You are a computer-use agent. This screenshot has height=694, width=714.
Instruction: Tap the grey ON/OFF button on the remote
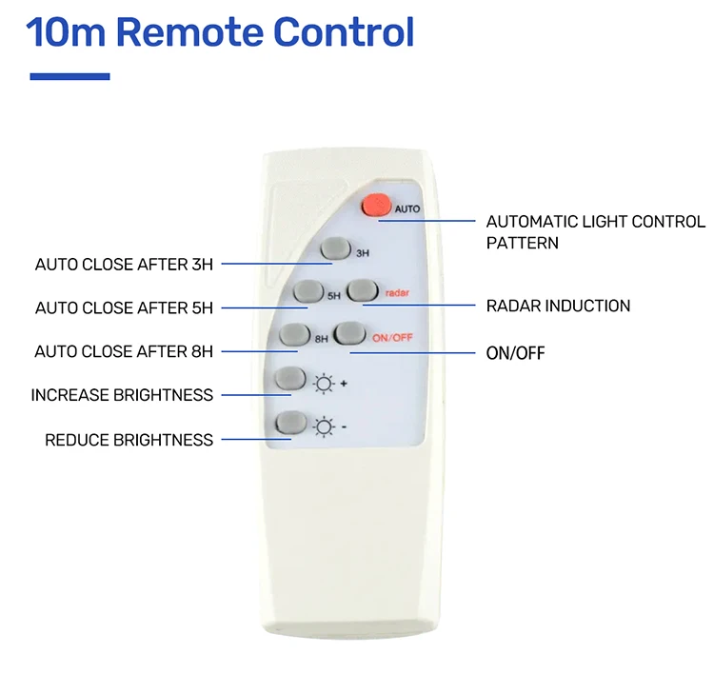point(349,333)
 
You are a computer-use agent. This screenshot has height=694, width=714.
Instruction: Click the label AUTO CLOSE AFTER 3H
point(124,265)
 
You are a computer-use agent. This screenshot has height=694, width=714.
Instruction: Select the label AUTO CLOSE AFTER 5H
point(124,307)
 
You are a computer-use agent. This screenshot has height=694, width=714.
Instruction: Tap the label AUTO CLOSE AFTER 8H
point(124,351)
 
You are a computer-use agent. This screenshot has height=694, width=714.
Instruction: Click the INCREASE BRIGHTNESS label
point(122,395)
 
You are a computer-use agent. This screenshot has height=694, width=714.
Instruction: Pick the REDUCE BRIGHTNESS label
point(129,440)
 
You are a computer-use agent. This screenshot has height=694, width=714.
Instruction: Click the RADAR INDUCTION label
point(558,306)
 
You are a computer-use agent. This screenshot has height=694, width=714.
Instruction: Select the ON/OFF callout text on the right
point(515,353)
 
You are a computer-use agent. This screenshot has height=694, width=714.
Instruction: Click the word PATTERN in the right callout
point(522,243)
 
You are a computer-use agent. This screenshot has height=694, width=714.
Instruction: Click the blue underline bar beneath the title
point(69,76)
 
